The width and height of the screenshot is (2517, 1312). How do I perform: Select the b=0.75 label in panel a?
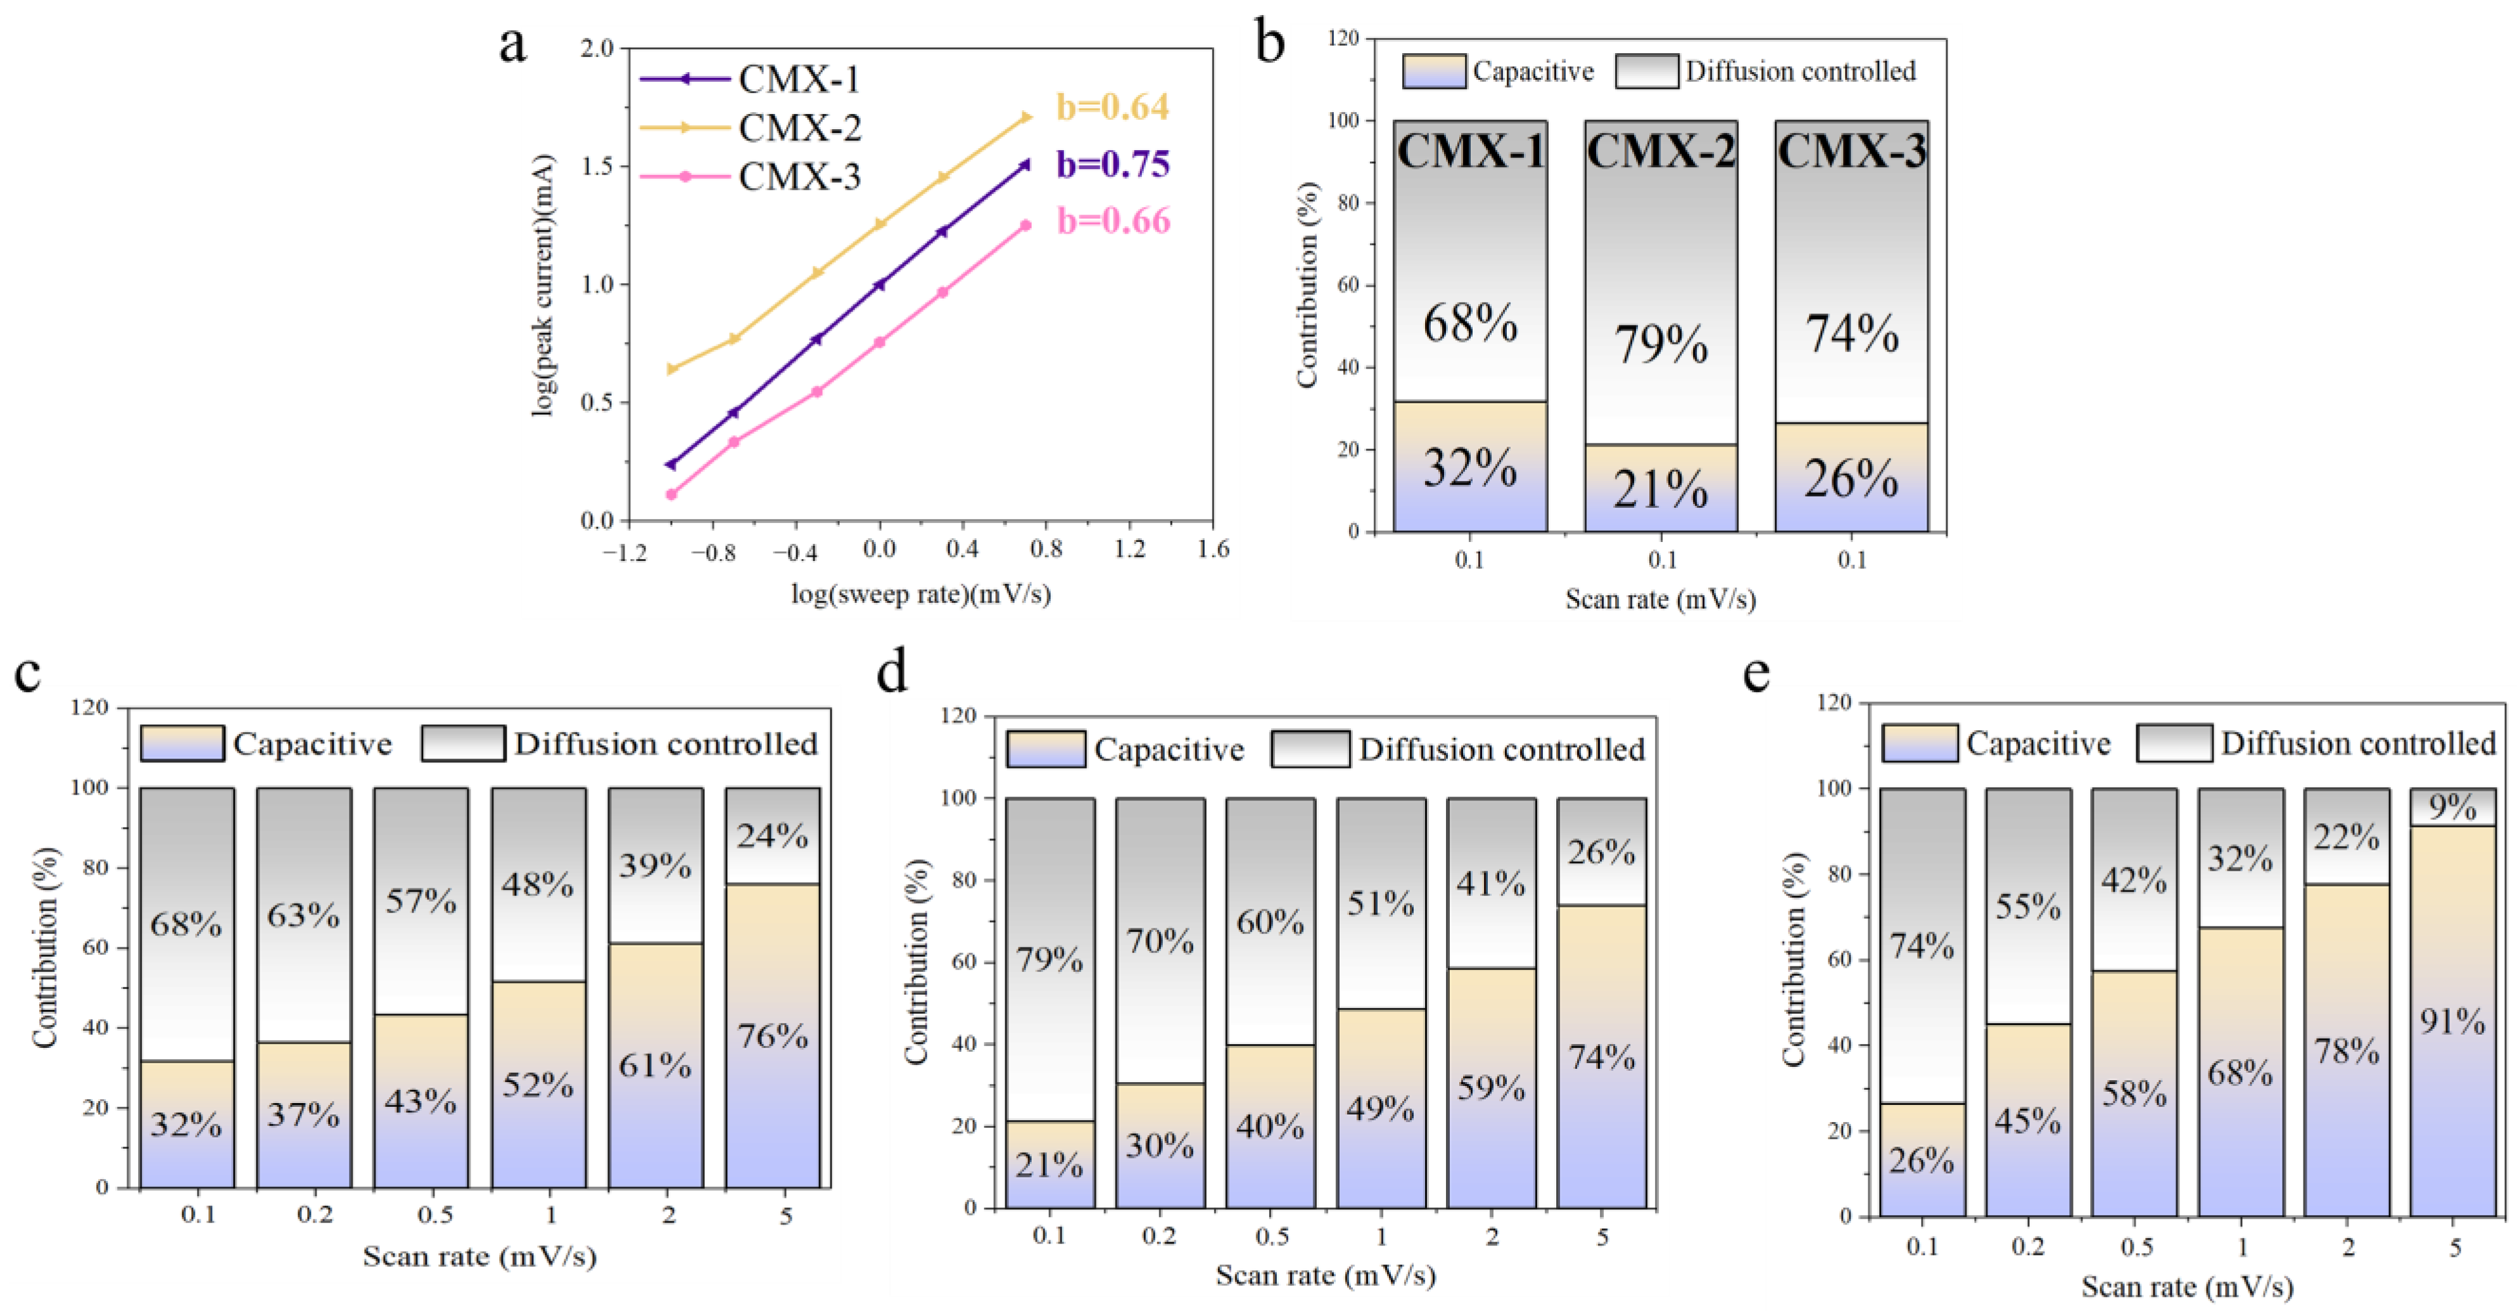(x=1112, y=164)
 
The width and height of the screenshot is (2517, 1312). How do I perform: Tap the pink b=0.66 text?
(x=1113, y=221)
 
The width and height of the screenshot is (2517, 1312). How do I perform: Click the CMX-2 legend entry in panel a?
(x=799, y=128)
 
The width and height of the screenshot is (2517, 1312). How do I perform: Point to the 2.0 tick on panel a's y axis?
(x=597, y=48)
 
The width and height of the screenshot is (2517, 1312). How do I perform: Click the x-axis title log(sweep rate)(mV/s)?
(x=920, y=594)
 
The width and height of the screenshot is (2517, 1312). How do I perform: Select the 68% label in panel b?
(x=1469, y=324)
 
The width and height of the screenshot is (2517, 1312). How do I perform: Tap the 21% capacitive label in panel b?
(x=1660, y=488)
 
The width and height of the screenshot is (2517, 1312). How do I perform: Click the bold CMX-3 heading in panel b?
(x=1851, y=151)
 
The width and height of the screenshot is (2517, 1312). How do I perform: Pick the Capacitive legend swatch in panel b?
(x=1433, y=72)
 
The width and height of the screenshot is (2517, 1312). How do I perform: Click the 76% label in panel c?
(x=772, y=1035)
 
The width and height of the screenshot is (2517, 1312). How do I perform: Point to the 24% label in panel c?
(x=772, y=836)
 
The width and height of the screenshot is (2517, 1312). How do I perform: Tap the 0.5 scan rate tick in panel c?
(x=435, y=1215)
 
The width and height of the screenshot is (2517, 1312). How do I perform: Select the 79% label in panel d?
(x=1049, y=959)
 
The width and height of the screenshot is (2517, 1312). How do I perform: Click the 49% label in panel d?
(x=1381, y=1109)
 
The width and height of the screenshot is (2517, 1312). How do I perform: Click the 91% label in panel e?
(x=2452, y=1022)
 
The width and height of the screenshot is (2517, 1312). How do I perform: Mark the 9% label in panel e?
(x=2452, y=807)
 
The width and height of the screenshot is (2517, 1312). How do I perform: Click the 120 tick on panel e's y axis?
(x=1834, y=702)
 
